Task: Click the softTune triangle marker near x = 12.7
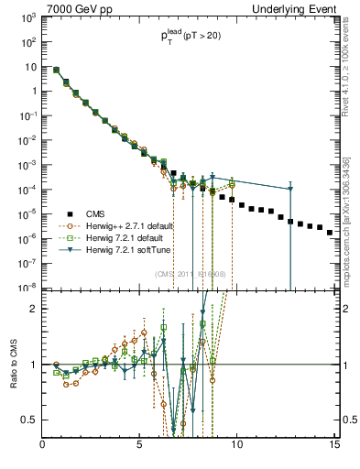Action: point(289,189)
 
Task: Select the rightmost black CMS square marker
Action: point(330,233)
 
